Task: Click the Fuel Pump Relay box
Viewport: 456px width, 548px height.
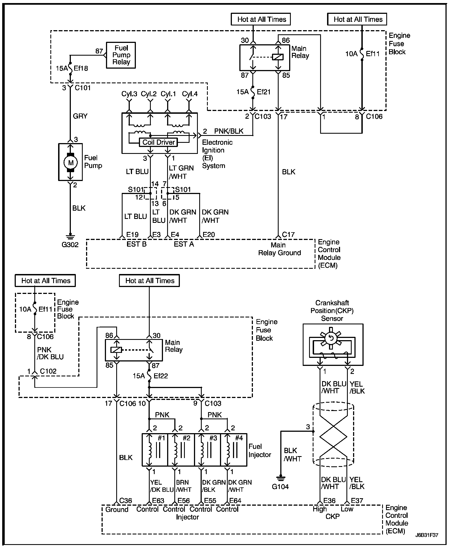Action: click(x=121, y=55)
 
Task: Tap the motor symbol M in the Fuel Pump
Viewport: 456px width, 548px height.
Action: click(x=71, y=162)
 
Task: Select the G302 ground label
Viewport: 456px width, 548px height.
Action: click(x=70, y=245)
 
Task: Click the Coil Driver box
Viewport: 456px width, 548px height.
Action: click(x=158, y=142)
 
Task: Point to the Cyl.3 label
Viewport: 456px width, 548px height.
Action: click(x=129, y=94)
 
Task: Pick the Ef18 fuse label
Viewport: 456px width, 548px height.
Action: click(x=81, y=68)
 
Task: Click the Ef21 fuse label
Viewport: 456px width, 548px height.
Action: click(x=263, y=92)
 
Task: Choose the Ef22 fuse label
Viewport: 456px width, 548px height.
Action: click(x=161, y=376)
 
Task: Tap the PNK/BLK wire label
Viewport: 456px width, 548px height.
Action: click(x=229, y=131)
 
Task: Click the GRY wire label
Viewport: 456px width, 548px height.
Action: click(x=80, y=116)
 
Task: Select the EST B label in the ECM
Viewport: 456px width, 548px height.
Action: click(x=136, y=244)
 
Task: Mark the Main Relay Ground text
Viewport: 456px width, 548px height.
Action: click(x=279, y=249)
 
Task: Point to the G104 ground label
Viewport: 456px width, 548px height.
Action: click(x=280, y=487)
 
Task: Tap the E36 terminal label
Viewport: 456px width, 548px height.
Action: click(x=329, y=500)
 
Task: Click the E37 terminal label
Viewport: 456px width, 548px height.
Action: click(x=357, y=500)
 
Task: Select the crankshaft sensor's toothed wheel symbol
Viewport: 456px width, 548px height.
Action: click(x=330, y=338)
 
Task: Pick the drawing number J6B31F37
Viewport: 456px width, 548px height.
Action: click(x=427, y=535)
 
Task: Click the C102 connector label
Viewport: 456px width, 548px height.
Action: click(x=48, y=371)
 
